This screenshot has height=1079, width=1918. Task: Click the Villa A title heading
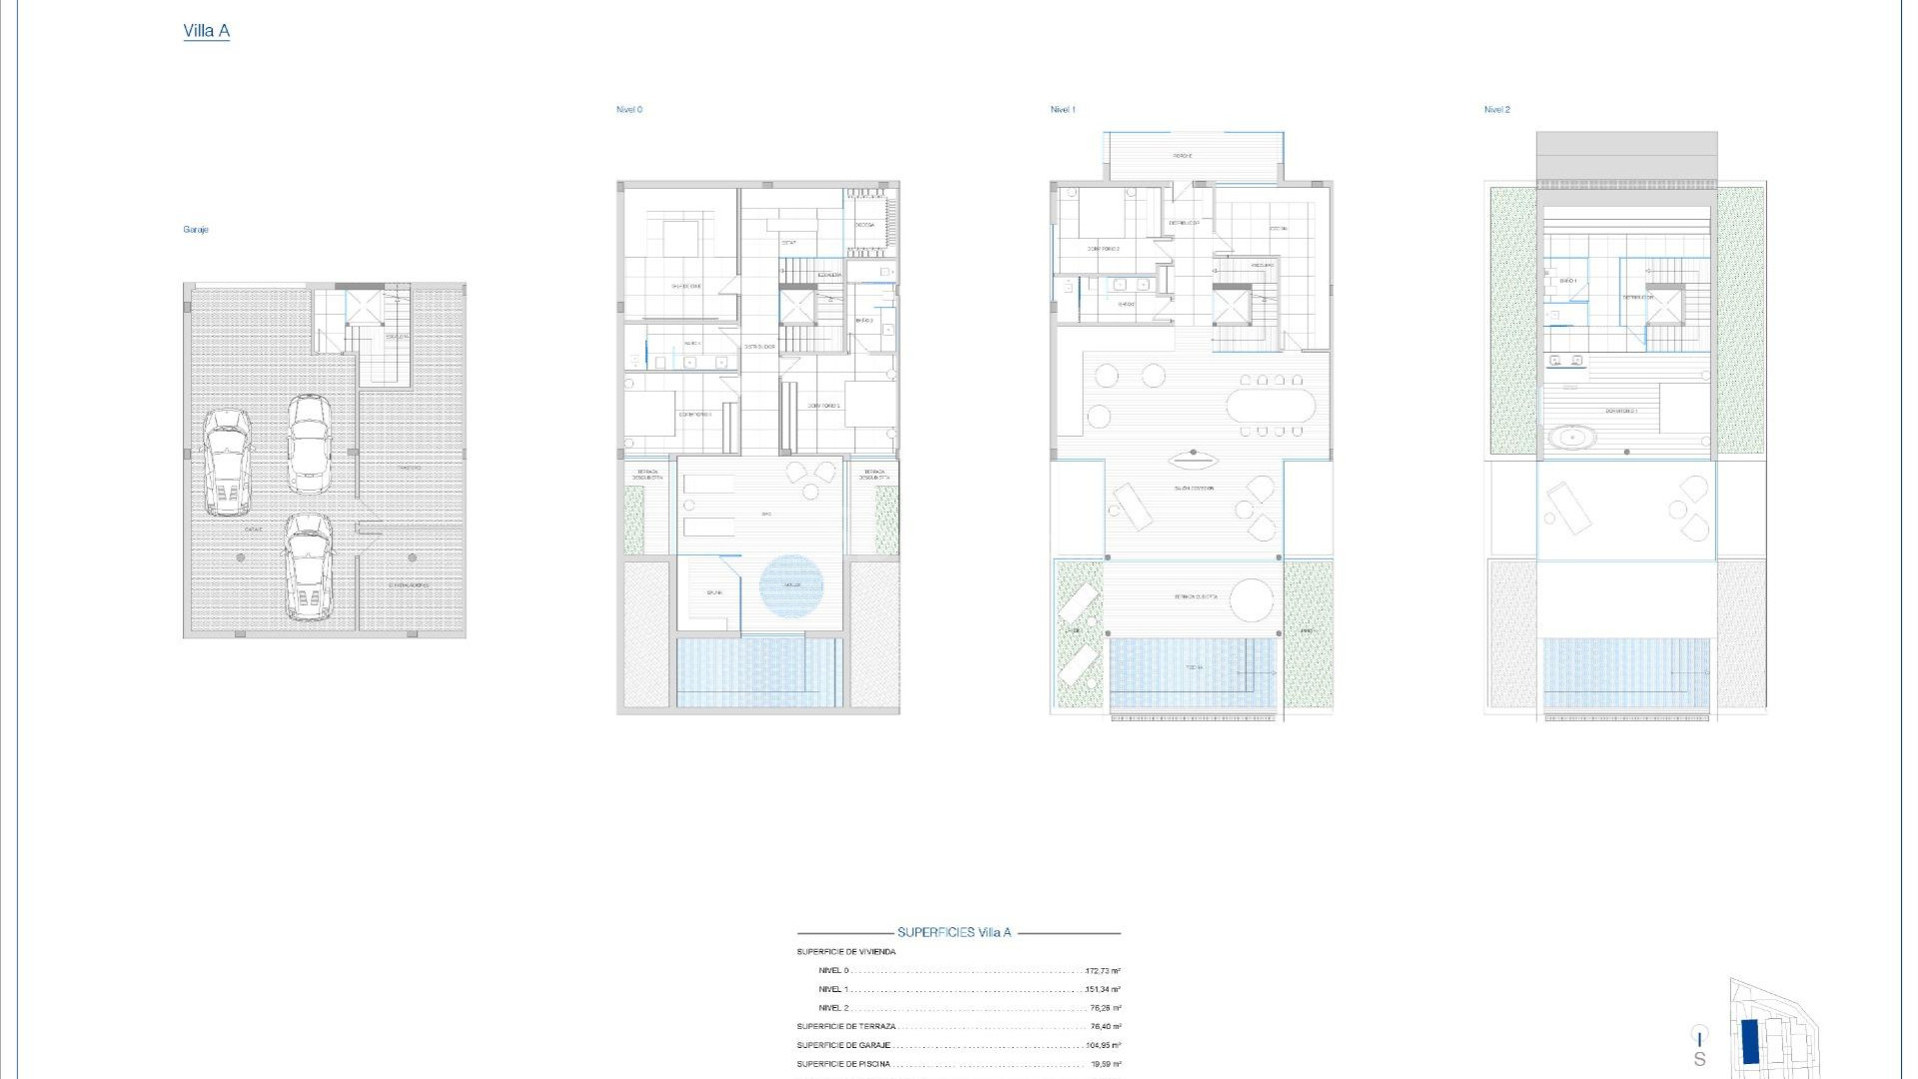coord(206,31)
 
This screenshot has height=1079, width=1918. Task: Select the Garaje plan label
coord(196,230)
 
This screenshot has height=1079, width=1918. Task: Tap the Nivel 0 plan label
coord(629,110)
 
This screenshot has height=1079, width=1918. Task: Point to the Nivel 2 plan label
coord(1496,110)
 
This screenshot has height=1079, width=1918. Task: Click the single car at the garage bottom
coord(309,566)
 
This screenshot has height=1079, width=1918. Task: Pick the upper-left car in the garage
coord(227,461)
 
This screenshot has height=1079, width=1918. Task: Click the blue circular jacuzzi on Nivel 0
coord(791,584)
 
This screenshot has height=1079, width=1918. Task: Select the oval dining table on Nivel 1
coord(1271,406)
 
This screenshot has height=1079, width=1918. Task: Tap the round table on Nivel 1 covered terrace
coord(1252,601)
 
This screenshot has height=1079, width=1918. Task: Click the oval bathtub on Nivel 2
coord(1572,437)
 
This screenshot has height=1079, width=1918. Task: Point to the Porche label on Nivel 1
coord(1183,156)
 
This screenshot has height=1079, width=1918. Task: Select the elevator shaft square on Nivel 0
coord(797,305)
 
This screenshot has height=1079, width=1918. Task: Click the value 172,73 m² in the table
coord(1103,971)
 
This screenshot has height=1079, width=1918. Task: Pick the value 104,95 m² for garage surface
coord(1103,1046)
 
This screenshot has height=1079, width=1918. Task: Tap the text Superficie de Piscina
coord(843,1064)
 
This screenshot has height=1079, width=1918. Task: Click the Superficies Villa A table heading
coord(954,932)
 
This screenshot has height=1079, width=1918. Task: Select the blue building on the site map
coord(1750,1042)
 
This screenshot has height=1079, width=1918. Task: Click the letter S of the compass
coord(1699,1059)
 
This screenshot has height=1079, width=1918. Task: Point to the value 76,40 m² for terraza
coord(1105,1027)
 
